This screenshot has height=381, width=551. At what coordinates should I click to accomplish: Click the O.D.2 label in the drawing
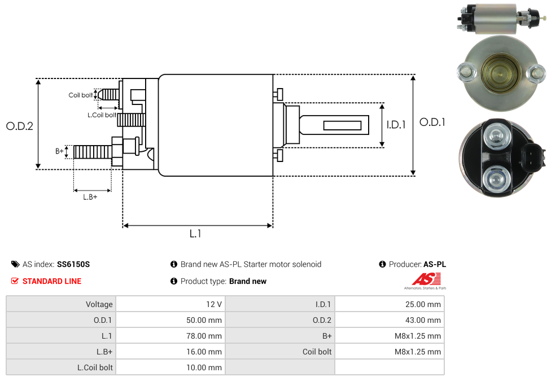tap(20, 126)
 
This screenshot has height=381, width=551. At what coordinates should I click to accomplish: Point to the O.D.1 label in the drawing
tap(432, 122)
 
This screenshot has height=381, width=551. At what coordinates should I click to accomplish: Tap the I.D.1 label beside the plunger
tap(396, 125)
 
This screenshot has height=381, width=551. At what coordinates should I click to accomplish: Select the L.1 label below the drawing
tap(195, 233)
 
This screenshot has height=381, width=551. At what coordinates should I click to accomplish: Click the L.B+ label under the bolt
tap(90, 197)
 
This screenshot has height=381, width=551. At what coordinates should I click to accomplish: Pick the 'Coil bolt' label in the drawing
tap(81, 95)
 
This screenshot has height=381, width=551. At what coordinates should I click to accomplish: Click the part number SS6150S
tap(73, 264)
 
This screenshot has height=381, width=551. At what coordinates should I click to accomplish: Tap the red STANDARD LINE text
tap(52, 281)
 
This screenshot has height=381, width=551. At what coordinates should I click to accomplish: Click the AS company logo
tap(426, 281)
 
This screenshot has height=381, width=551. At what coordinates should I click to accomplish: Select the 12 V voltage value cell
tap(170, 304)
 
